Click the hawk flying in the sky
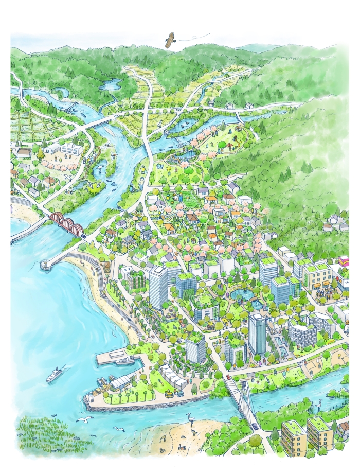[171, 40]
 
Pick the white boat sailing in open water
[54, 375]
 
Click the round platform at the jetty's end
[47, 265]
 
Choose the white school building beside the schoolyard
[71, 150]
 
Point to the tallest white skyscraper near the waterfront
[158, 286]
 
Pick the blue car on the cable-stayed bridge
[254, 426]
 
